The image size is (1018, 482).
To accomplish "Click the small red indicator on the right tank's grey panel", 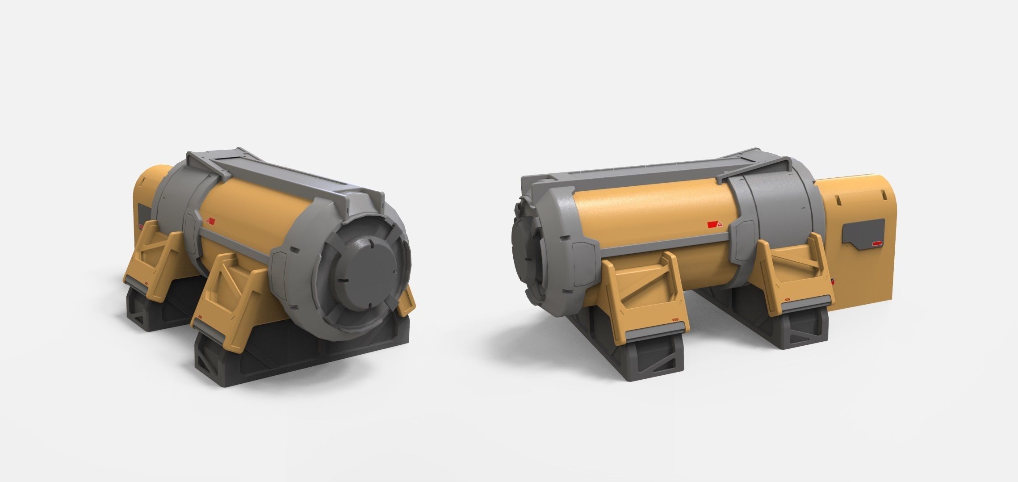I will click(877, 243).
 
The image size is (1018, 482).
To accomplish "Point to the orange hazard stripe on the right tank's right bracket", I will click(788, 299).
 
